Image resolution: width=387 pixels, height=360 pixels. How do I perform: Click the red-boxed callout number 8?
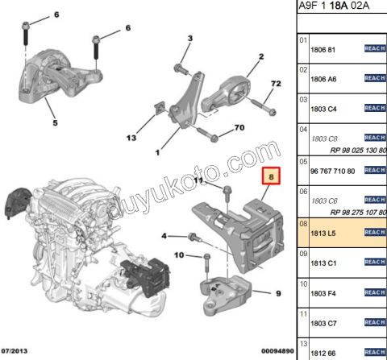click(272, 176)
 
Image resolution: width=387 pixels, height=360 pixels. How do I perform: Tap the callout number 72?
click(275, 84)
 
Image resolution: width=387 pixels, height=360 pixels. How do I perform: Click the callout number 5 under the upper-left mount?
click(55, 123)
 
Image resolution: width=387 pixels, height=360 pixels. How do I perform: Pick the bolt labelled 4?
click(193, 237)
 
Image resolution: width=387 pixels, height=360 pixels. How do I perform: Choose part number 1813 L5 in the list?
click(323, 232)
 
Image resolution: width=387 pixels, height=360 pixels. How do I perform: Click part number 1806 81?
click(323, 48)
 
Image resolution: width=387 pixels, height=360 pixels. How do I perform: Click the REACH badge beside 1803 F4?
click(375, 292)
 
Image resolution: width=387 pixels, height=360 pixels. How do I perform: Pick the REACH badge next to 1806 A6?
click(375, 78)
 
